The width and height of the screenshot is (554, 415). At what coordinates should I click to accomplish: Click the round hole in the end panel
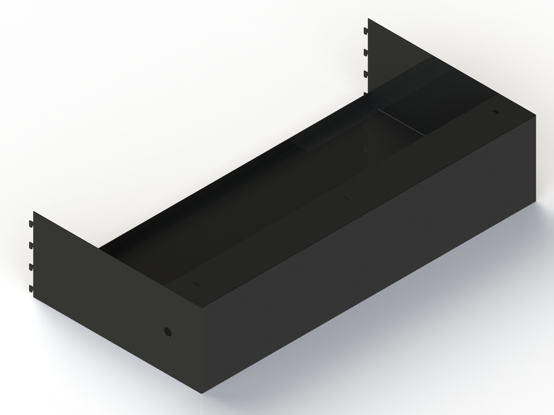coord(167,332)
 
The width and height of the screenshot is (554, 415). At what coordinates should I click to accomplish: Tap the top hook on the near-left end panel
coord(31,223)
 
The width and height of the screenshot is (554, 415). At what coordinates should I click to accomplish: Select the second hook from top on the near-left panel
coord(31,245)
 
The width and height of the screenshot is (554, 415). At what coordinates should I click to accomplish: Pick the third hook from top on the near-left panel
coord(31,266)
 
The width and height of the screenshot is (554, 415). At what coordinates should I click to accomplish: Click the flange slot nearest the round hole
coord(196,284)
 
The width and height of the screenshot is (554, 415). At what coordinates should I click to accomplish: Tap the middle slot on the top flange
coord(345,198)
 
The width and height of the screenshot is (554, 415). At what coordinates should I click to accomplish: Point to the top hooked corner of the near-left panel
coord(34,212)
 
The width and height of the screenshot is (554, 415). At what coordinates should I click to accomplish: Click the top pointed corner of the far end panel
coord(369,19)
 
